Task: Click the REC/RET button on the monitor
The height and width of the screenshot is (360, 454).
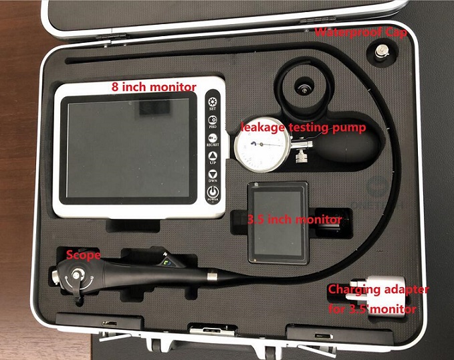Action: point(212,138)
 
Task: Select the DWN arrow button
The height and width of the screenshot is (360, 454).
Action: point(212,176)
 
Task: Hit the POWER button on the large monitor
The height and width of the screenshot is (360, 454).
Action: point(212,195)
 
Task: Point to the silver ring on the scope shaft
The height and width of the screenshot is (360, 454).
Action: point(212,275)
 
